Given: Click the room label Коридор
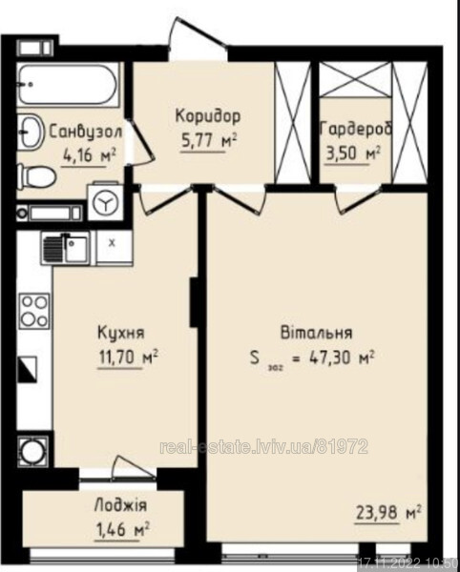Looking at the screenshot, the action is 208,116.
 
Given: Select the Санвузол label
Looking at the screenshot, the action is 86,132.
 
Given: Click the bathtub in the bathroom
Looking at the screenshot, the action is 69,85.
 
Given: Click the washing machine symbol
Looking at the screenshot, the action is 106,202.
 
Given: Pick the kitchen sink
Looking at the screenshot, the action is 66,249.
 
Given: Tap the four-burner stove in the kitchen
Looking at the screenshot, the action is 34,311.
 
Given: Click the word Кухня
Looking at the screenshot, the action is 121,333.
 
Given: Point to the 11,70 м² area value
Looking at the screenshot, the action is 128,357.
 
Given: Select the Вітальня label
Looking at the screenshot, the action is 317,333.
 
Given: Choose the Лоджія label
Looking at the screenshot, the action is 121,506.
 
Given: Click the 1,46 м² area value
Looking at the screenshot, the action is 122,529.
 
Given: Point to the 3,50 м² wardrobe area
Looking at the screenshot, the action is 353,153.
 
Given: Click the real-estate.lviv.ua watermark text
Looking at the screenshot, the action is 264,447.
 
